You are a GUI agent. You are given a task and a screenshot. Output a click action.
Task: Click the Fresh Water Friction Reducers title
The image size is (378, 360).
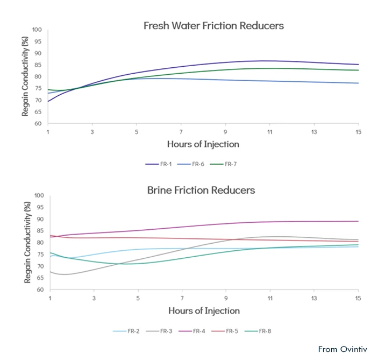click(213, 26)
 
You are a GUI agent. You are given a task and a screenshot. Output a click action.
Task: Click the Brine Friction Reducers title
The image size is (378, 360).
click(201, 190)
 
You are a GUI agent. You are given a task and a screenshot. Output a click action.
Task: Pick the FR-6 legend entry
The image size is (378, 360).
click(196, 164)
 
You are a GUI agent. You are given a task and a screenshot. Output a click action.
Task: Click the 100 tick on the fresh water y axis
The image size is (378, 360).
click(37, 30)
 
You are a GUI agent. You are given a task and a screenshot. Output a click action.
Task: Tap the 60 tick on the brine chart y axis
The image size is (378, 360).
click(38, 290)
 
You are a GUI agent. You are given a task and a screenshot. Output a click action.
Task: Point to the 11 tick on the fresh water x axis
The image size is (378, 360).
click(269, 131)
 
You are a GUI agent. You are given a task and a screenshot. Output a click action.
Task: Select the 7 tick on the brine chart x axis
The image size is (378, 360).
click(182, 298)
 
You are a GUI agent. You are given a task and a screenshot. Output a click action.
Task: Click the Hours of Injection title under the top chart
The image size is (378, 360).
click(203, 144)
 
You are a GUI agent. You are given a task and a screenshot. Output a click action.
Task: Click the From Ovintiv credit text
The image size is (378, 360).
click(343, 349)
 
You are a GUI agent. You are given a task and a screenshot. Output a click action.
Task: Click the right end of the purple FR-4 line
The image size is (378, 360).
click(358, 221)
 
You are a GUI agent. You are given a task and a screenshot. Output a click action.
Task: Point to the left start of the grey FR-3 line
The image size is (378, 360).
click(49, 272)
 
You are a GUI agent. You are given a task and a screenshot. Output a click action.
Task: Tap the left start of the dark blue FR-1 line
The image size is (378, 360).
click(48, 101)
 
